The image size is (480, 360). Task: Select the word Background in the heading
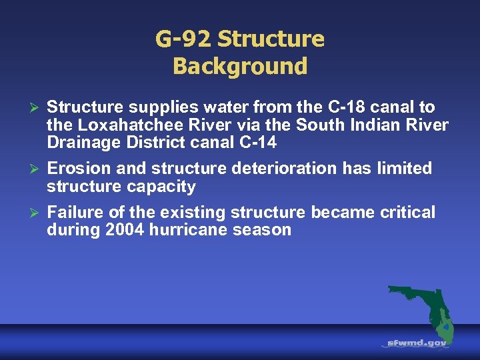[x=240, y=67]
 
